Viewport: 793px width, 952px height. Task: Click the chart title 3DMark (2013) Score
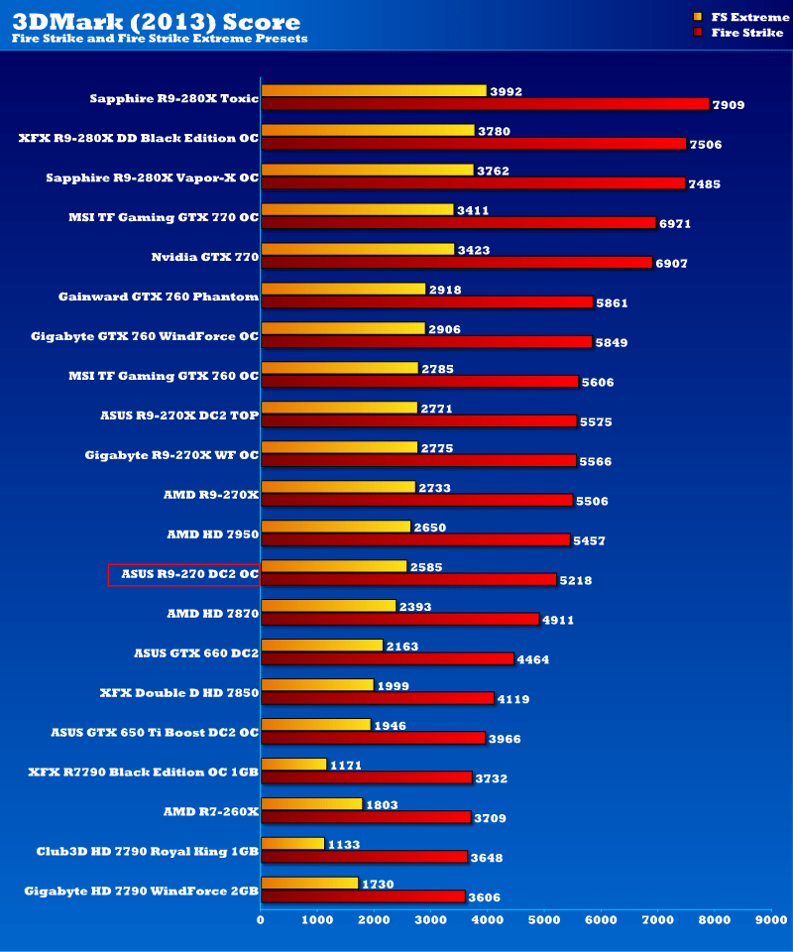pos(156,21)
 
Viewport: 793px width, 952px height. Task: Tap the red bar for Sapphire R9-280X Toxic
pos(485,104)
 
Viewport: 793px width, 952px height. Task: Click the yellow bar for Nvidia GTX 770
pos(357,249)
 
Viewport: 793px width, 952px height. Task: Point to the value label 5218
pos(574,580)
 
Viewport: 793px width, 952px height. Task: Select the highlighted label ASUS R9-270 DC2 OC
pos(183,574)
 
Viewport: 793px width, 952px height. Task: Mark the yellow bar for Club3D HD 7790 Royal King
pos(292,844)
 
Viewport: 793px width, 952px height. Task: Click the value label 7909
pos(728,104)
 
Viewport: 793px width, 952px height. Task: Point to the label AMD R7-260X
pos(210,811)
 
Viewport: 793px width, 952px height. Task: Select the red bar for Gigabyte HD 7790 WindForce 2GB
pos(363,896)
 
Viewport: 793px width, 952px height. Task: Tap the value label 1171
pos(347,766)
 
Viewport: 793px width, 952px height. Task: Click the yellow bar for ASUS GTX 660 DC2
pos(321,646)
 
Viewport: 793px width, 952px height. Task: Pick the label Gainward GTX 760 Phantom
pos(159,297)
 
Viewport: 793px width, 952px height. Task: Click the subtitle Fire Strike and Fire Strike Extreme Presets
pos(160,39)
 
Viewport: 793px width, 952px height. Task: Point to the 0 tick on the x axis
pos(261,920)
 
